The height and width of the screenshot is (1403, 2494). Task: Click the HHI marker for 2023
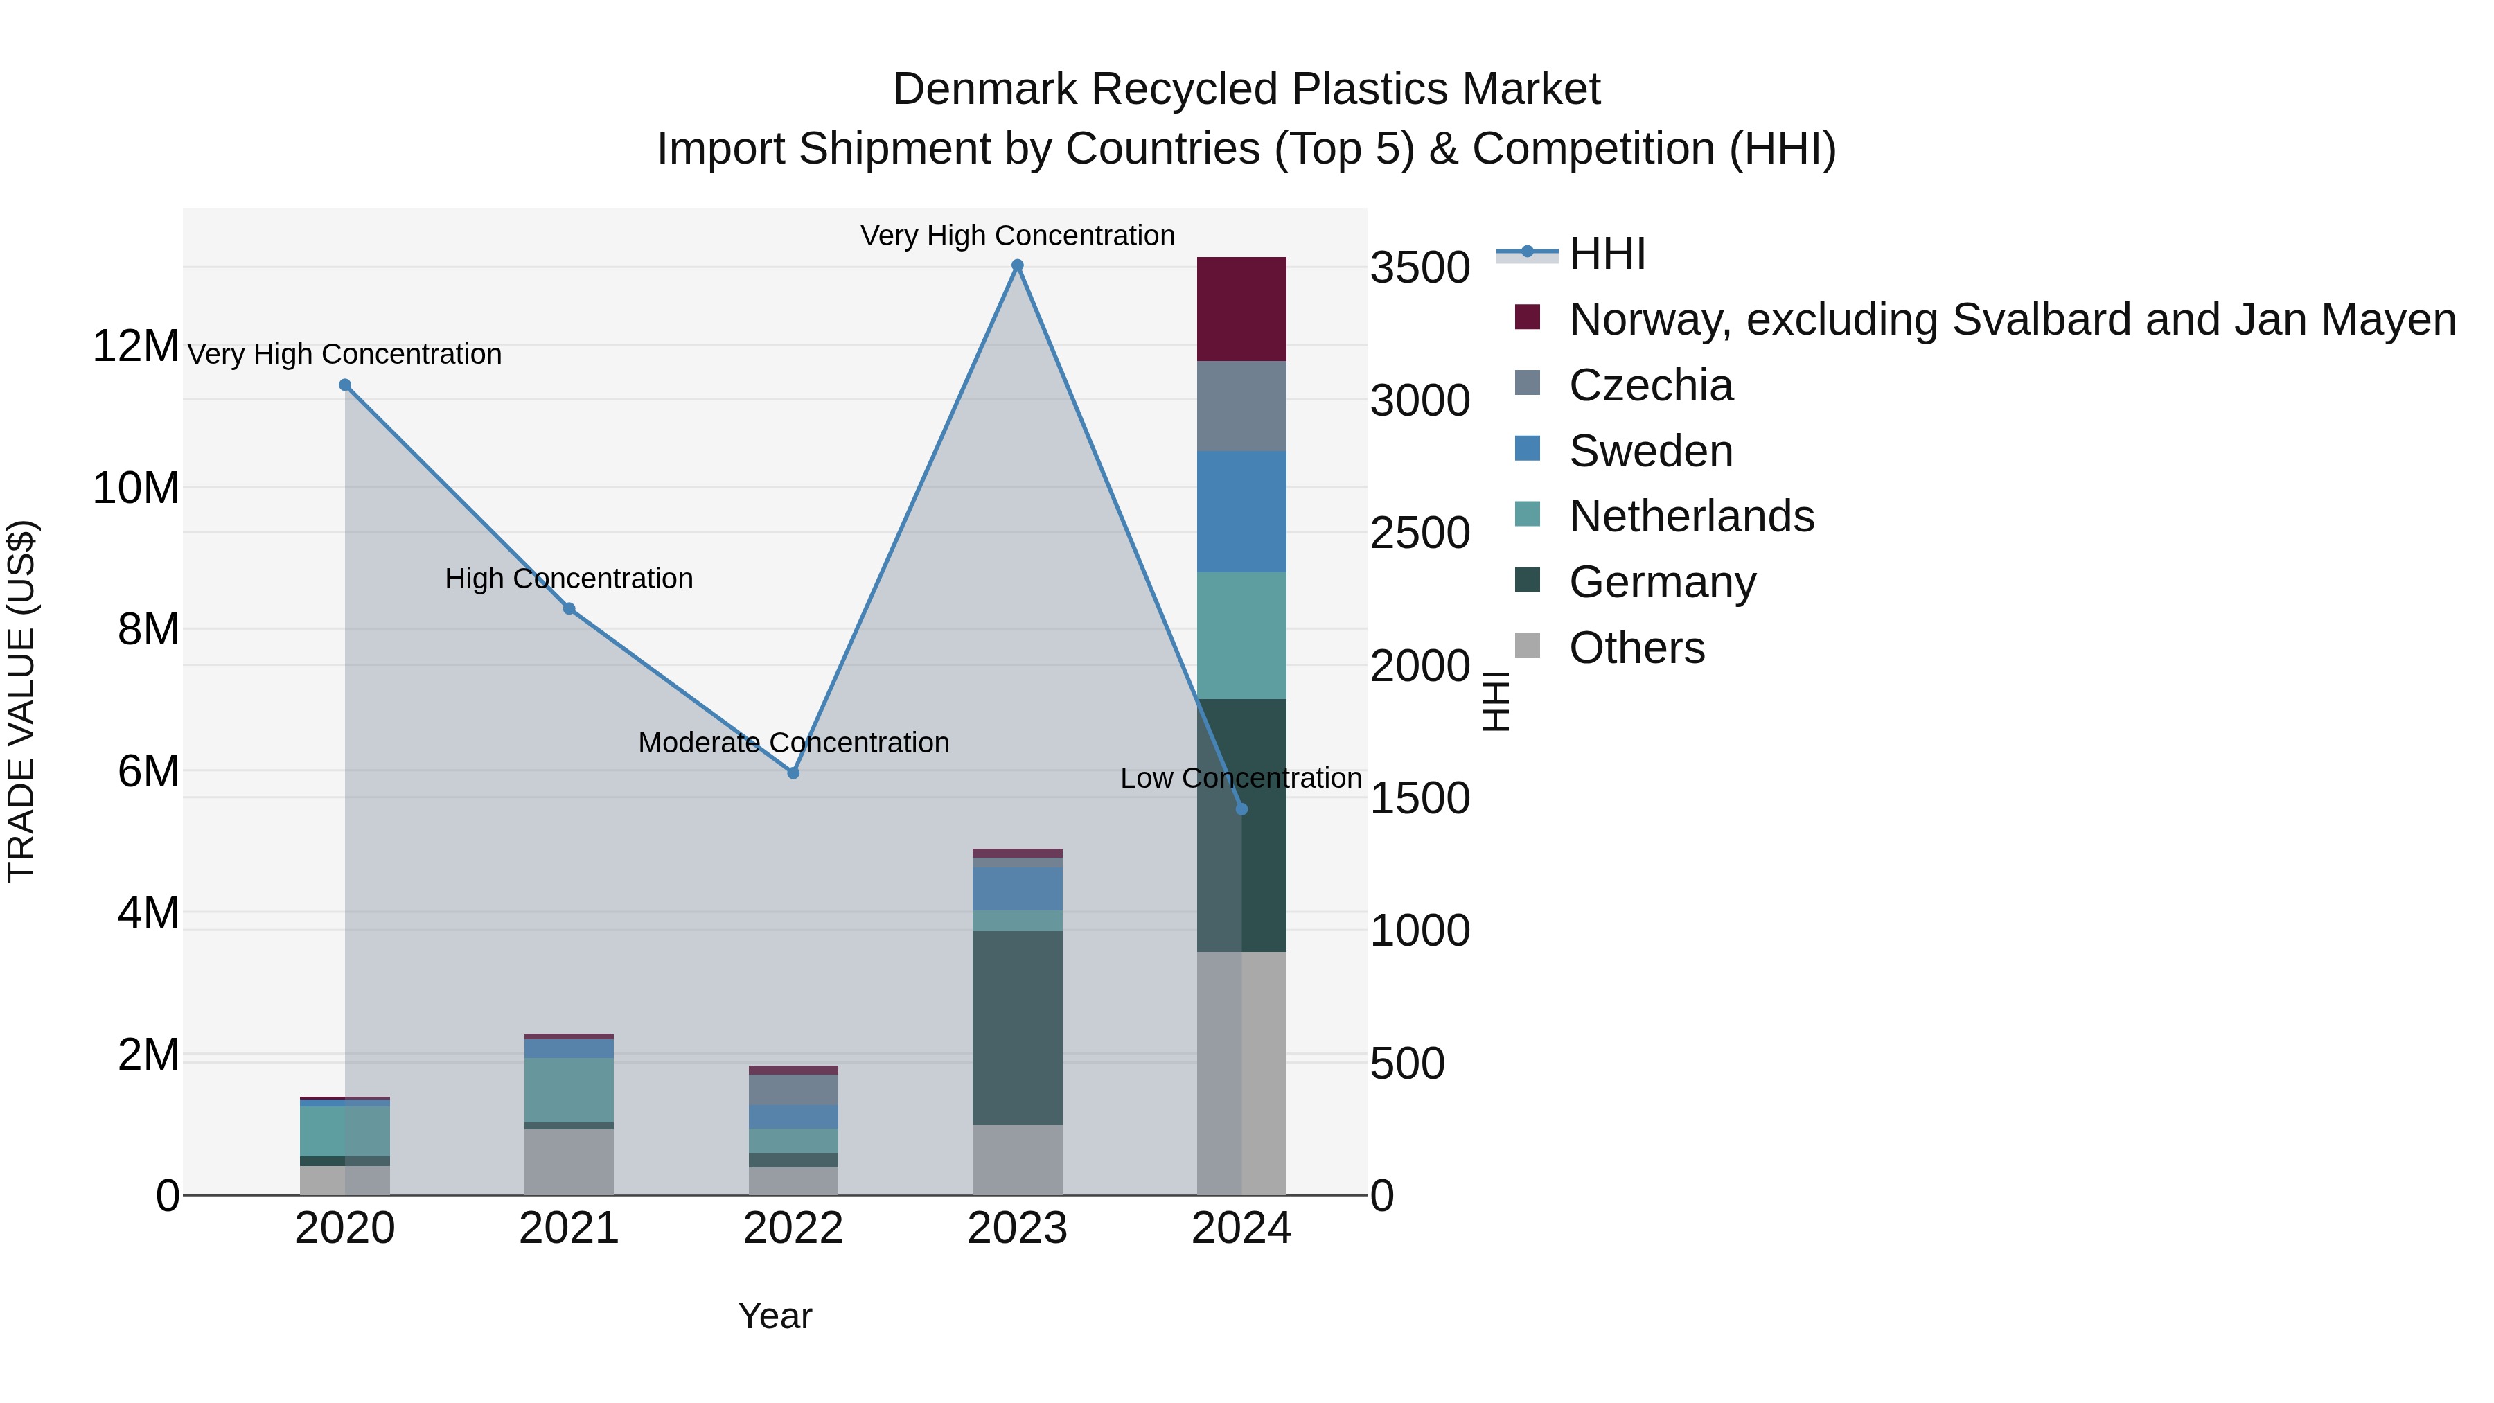(1016, 265)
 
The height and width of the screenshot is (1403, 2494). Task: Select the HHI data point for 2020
(345, 385)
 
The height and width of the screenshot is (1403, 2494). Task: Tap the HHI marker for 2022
(793, 773)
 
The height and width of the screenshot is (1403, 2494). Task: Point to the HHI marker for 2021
(569, 608)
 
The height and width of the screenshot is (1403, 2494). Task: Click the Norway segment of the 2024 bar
(1241, 309)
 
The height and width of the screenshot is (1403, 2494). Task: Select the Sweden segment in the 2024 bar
(1241, 511)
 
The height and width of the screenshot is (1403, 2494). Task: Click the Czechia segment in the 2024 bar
(1241, 406)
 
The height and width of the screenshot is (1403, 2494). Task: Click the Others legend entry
(1636, 648)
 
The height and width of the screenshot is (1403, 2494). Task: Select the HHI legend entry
(1607, 254)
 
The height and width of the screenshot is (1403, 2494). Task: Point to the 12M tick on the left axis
(136, 346)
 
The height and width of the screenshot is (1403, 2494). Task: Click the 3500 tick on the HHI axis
(1420, 268)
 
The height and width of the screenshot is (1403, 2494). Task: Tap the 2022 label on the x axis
(793, 1228)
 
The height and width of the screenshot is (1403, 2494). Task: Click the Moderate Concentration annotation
(793, 743)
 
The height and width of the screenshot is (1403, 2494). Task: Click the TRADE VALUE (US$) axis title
(21, 701)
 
